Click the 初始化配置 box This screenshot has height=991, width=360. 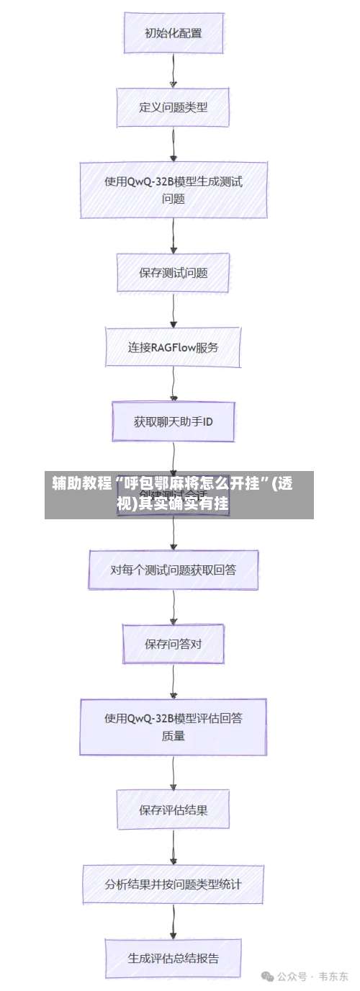click(173, 32)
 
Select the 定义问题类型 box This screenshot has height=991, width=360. click(173, 107)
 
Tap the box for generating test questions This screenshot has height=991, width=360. click(173, 189)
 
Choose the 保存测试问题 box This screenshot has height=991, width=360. click(173, 273)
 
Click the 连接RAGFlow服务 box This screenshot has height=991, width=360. click(173, 347)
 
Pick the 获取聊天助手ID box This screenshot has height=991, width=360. click(173, 421)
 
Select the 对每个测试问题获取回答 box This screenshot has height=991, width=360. click(173, 570)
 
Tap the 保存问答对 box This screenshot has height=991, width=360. click(173, 643)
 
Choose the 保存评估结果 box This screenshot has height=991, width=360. click(173, 809)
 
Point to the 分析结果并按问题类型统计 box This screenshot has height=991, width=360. click(173, 884)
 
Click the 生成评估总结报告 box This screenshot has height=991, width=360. click(173, 958)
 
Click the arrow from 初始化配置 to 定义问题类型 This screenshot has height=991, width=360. click(174, 70)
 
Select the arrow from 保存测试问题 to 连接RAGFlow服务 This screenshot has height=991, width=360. click(174, 310)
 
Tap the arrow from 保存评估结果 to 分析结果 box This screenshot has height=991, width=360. click(174, 846)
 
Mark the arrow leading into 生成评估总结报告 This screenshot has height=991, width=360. click(174, 920)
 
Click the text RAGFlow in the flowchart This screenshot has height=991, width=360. click(182, 347)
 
